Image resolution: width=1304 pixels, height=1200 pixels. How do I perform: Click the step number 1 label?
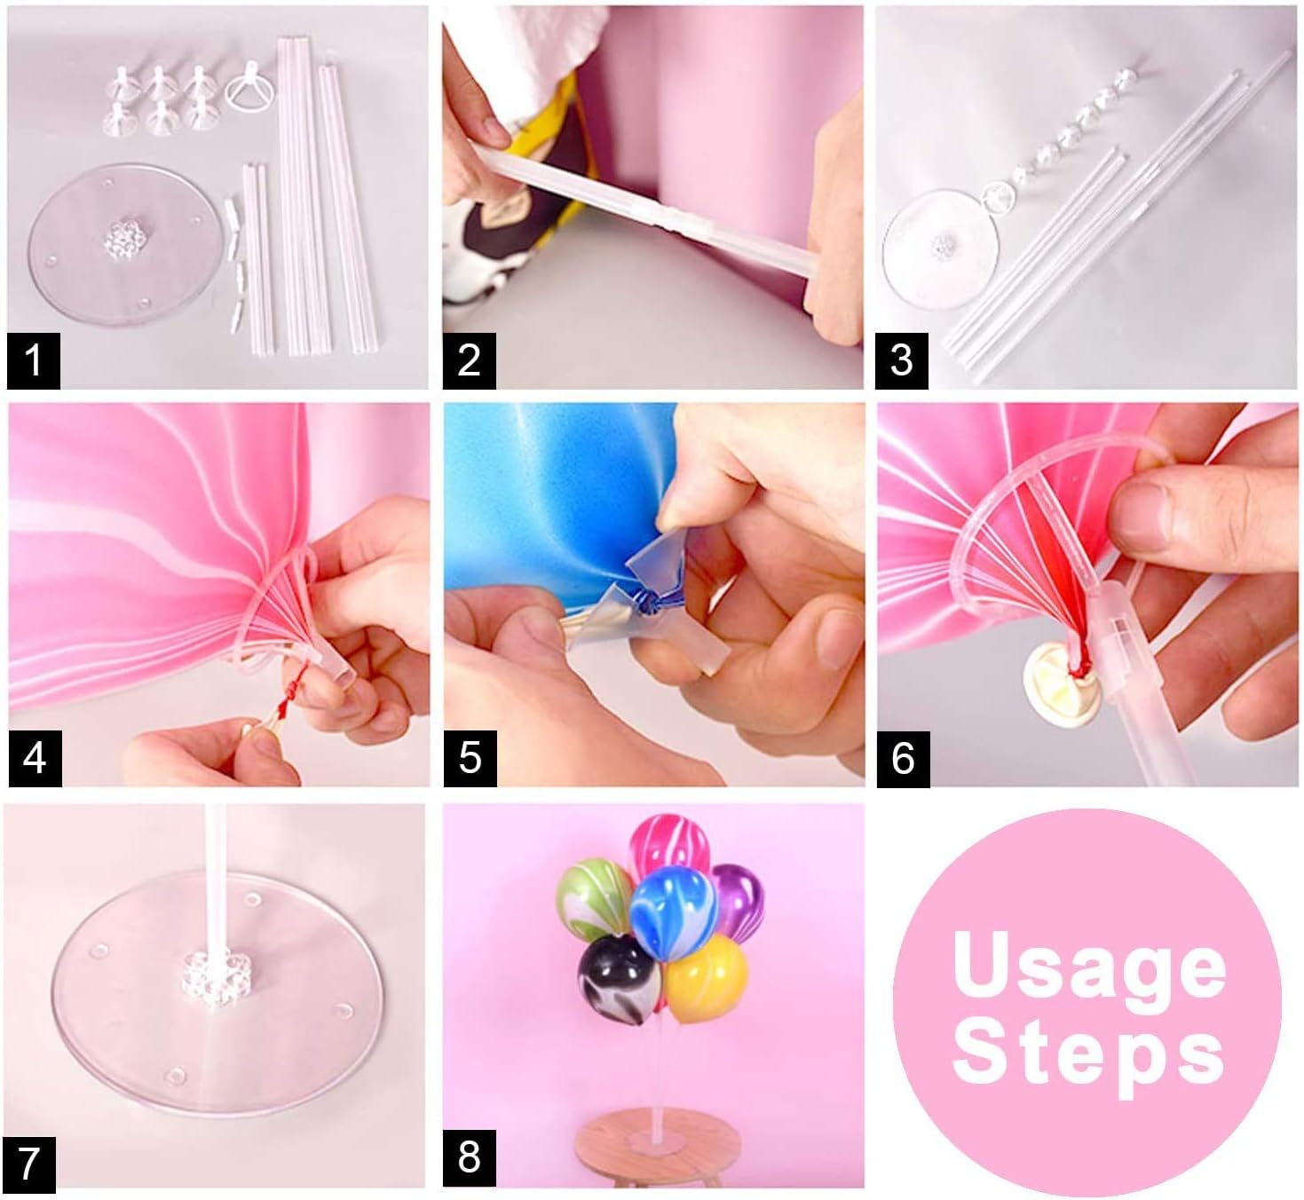pyautogui.click(x=33, y=360)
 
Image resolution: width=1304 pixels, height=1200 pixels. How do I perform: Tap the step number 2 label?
pyautogui.click(x=469, y=360)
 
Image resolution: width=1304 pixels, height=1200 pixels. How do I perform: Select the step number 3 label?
pyautogui.click(x=901, y=360)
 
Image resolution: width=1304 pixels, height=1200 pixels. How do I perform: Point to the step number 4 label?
pyautogui.click(x=36, y=758)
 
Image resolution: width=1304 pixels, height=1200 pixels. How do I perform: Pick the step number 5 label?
pyautogui.click(x=470, y=758)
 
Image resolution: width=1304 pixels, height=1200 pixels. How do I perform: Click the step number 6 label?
pyautogui.click(x=903, y=759)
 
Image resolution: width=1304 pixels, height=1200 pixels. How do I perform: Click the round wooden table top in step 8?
pyautogui.click(x=658, y=1144)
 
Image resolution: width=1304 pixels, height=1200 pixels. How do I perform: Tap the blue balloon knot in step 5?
pyautogui.click(x=647, y=604)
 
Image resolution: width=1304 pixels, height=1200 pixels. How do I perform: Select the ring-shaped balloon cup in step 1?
pyautogui.click(x=249, y=87)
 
